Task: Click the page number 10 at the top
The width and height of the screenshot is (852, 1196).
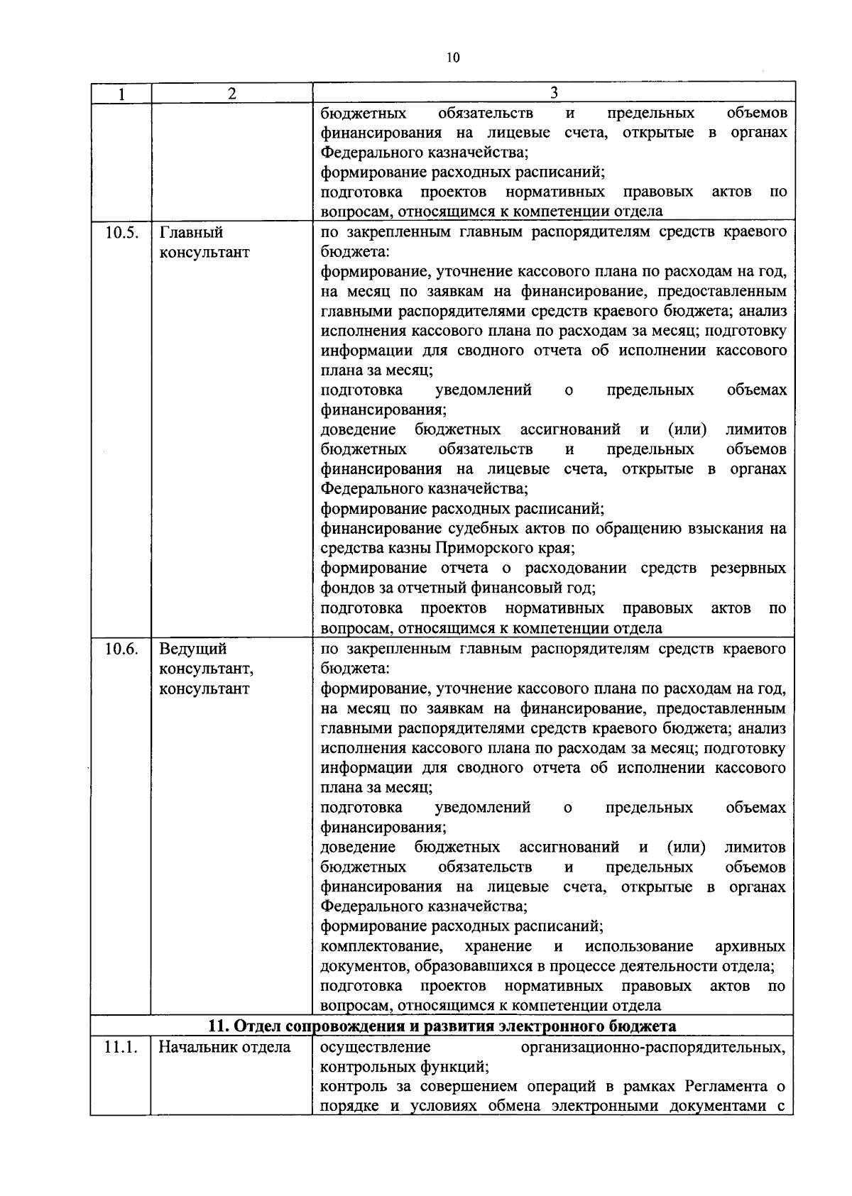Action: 454,58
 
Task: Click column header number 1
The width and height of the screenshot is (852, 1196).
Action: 121,94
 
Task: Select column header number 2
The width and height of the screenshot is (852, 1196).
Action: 231,94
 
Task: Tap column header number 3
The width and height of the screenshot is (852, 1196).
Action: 554,93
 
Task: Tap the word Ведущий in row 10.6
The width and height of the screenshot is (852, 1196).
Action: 193,649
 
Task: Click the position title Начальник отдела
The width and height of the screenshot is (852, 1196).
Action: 224,1047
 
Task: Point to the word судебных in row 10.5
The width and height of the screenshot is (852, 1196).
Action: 481,529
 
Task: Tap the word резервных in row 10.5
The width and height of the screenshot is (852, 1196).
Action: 750,569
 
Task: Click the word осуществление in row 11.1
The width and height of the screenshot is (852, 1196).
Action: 376,1048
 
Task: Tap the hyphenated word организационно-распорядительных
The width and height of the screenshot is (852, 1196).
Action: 653,1048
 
